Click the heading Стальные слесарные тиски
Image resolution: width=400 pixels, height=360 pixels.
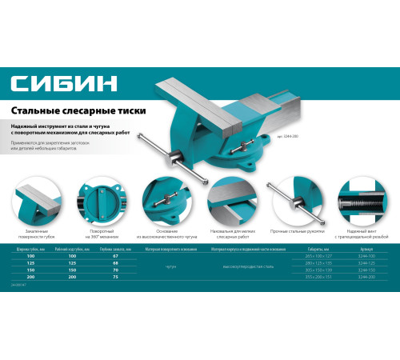70,112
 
